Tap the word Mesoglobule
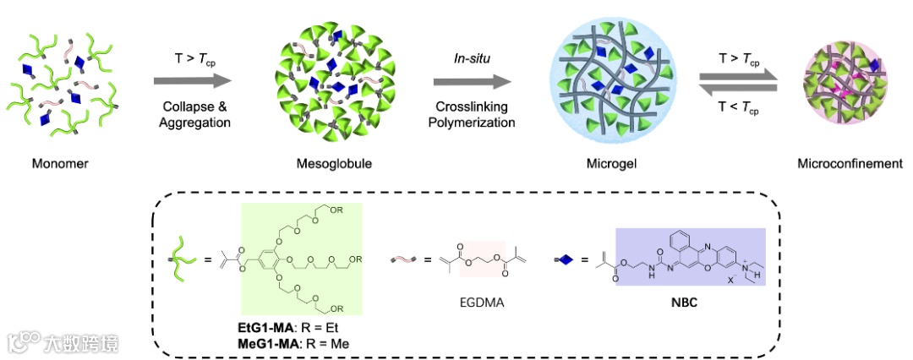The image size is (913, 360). (x=325, y=163)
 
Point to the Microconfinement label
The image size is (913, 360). (x=850, y=163)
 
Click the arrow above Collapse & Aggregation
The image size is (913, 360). (x=194, y=81)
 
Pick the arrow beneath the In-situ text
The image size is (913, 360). (x=473, y=81)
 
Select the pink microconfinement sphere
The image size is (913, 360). (x=846, y=82)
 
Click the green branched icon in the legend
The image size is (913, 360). (x=180, y=259)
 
